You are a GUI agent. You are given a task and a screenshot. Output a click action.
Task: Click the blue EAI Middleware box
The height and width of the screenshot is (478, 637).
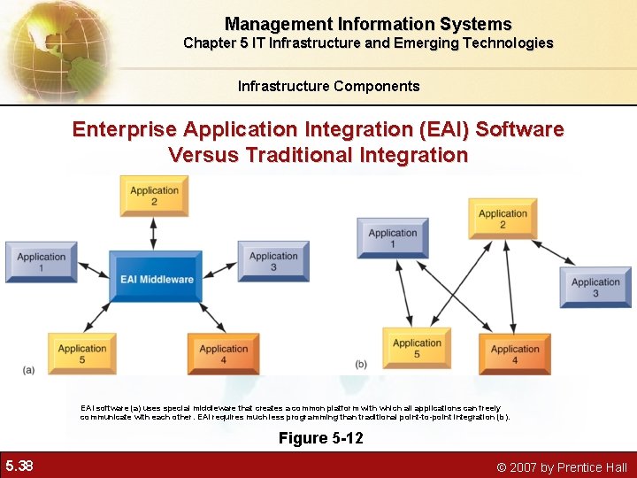tap(157, 278)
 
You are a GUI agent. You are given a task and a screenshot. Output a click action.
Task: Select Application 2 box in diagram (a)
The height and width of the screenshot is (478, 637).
tap(154, 196)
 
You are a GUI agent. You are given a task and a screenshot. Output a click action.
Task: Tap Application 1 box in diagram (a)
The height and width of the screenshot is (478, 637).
tap(41, 262)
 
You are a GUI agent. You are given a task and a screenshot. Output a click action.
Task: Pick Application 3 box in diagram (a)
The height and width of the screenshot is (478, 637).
tap(273, 262)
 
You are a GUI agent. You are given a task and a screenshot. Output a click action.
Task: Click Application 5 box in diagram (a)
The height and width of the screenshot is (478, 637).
tap(82, 354)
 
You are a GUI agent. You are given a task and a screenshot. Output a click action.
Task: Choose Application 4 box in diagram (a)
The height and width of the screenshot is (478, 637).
tap(223, 354)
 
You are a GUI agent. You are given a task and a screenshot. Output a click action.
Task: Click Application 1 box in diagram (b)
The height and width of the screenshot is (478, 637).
tap(393, 238)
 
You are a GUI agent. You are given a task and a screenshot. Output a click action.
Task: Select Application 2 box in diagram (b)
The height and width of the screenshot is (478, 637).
tap(503, 219)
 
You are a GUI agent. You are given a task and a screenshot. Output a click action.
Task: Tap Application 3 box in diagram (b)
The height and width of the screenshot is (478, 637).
tap(595, 288)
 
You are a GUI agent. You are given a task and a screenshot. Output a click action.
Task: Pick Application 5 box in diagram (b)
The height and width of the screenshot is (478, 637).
tap(417, 349)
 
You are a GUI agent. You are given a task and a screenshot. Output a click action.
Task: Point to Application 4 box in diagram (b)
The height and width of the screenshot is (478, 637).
tap(515, 354)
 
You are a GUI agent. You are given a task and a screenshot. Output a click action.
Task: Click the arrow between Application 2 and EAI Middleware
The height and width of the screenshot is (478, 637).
tap(154, 234)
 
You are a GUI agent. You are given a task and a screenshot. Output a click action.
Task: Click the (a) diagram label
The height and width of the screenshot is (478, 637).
tap(29, 369)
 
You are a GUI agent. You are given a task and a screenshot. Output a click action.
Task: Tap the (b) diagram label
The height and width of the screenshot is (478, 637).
tap(361, 364)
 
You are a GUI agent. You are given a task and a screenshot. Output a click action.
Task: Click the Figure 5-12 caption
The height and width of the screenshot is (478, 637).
tap(320, 438)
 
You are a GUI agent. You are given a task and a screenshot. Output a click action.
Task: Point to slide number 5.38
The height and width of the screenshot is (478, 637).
tap(19, 466)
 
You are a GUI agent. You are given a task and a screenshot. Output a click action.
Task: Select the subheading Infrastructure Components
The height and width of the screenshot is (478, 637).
tap(328, 86)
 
